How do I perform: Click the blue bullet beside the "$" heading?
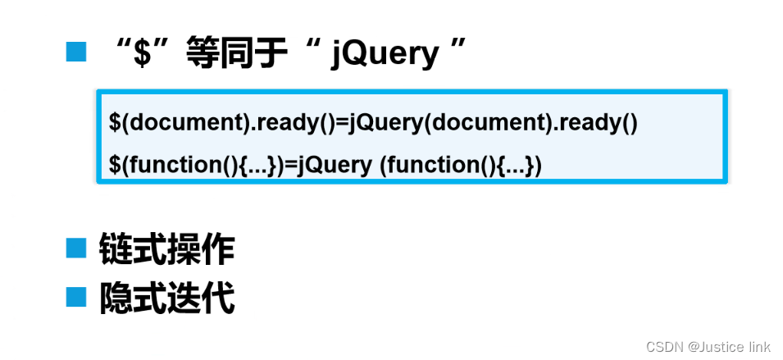point(75,53)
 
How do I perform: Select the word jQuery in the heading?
point(385,54)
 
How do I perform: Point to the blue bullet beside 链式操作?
point(75,248)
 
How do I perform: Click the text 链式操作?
point(166,249)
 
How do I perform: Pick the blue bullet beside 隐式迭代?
point(75,296)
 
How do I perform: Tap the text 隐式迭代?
point(166,298)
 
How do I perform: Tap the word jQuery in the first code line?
point(380,123)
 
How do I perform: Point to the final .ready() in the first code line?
point(594,123)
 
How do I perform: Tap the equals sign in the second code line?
point(289,165)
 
